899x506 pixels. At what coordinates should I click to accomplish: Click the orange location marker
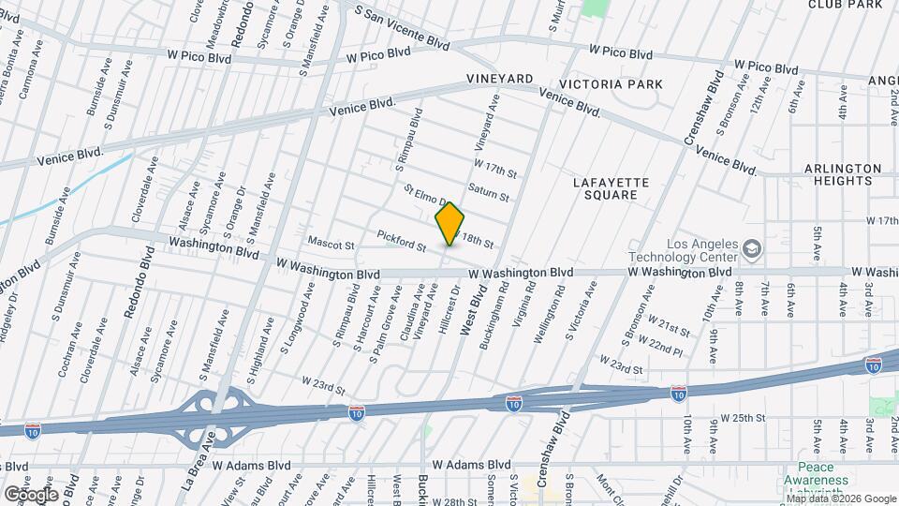[450, 224]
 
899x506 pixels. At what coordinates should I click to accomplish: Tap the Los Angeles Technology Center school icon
[751, 250]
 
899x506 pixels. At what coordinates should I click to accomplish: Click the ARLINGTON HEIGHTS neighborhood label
[843, 175]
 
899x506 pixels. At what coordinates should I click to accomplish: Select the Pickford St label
[402, 241]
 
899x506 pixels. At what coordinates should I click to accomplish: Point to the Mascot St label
[331, 246]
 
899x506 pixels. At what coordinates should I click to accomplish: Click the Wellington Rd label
[553, 318]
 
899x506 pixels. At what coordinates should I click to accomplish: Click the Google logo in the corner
[32, 494]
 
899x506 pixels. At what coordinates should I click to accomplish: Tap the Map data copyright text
[841, 499]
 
